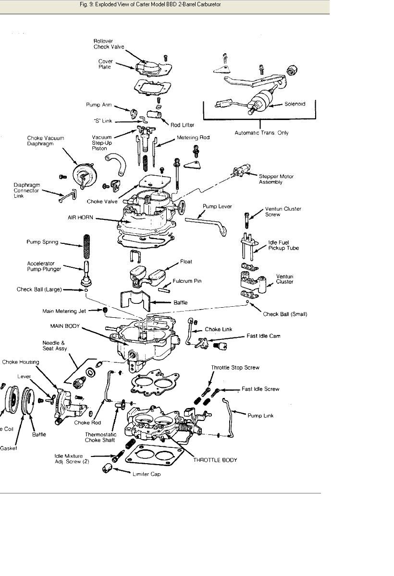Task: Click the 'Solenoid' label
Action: tap(295, 104)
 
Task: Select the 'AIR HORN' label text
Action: tap(80, 217)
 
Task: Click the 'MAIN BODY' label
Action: tap(65, 326)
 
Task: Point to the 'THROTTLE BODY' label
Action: tap(215, 460)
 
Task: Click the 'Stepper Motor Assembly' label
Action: tap(276, 179)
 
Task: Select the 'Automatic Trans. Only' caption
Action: tap(261, 133)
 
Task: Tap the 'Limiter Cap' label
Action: tap(147, 474)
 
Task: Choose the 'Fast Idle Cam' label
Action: tap(263, 336)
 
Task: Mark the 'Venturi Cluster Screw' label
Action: tap(283, 212)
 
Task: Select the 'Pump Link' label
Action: tap(261, 416)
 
